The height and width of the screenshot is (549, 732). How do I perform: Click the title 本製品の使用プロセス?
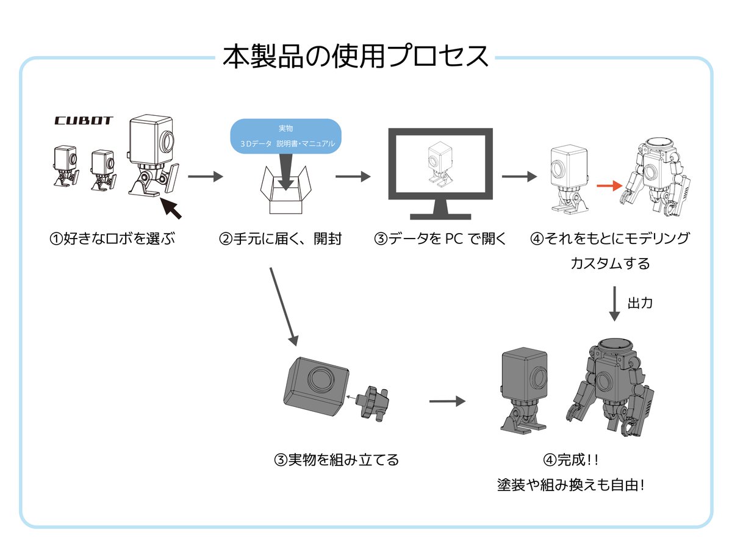pyautogui.click(x=356, y=57)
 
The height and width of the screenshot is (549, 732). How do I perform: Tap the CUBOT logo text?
pyautogui.click(x=84, y=121)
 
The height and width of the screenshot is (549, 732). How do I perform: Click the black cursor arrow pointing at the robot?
pyautogui.click(x=173, y=208)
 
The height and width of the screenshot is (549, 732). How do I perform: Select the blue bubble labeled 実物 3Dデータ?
pyautogui.click(x=285, y=136)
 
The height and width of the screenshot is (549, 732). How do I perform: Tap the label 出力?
pyautogui.click(x=640, y=303)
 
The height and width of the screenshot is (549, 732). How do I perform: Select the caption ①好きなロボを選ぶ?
pyautogui.click(x=112, y=239)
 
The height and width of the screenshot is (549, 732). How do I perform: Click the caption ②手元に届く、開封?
pyautogui.click(x=280, y=239)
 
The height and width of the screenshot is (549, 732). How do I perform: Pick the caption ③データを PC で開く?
pyautogui.click(x=440, y=239)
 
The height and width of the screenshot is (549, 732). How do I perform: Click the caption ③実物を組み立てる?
pyautogui.click(x=336, y=459)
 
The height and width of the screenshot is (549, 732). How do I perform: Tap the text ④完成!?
pyautogui.click(x=573, y=459)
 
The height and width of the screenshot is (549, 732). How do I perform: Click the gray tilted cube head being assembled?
pyautogui.click(x=315, y=387)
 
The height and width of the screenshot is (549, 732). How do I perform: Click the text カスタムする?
pyautogui.click(x=610, y=264)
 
